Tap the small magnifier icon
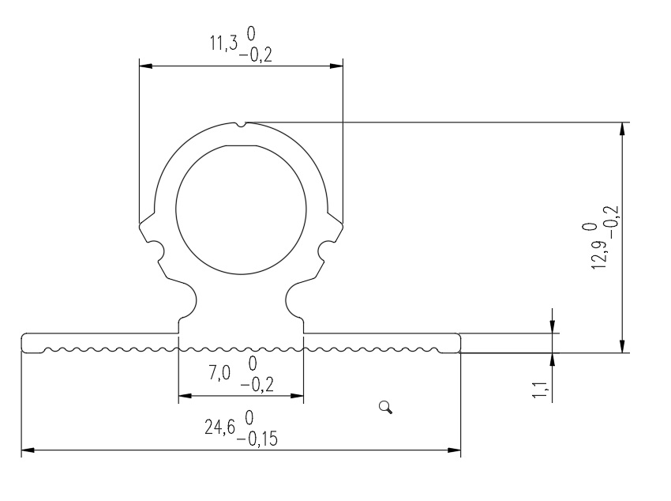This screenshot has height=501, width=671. click(x=386, y=407)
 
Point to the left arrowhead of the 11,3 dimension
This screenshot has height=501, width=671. click(x=146, y=66)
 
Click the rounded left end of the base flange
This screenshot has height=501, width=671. click(x=23, y=341)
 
